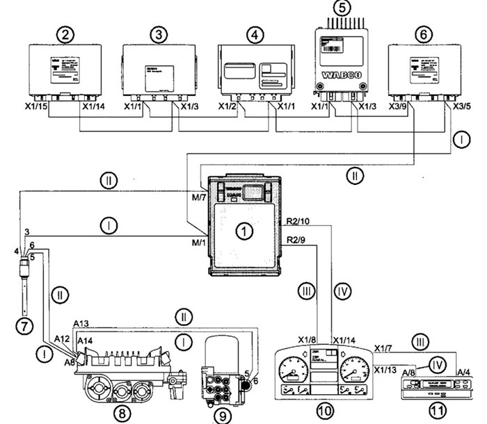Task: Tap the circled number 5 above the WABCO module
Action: click(340, 10)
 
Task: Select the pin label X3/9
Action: click(402, 108)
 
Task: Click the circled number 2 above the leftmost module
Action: click(67, 33)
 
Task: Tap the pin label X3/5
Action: click(463, 108)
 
